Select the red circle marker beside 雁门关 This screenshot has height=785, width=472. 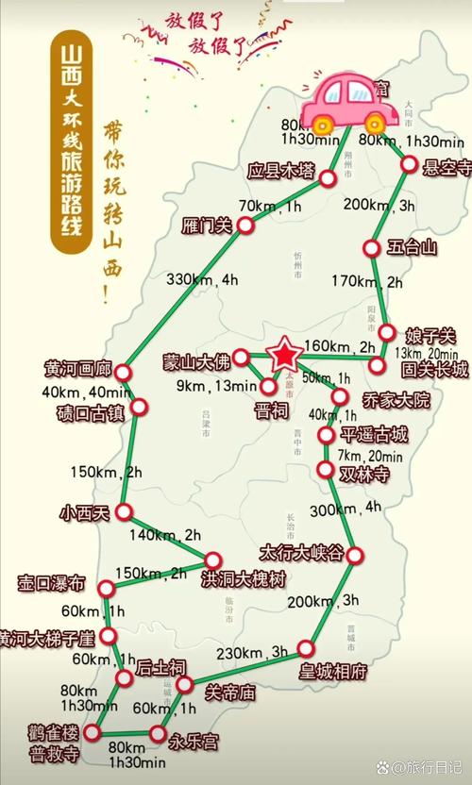245,225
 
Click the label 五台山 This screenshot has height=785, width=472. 413,248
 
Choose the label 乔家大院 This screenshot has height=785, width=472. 395,401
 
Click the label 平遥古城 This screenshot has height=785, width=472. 375,434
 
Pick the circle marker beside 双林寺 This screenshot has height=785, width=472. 327,469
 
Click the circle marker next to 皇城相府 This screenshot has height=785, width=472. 306,648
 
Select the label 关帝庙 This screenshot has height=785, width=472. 230,692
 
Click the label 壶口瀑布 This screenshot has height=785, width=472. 51,582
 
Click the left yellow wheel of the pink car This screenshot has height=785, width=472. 322,123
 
